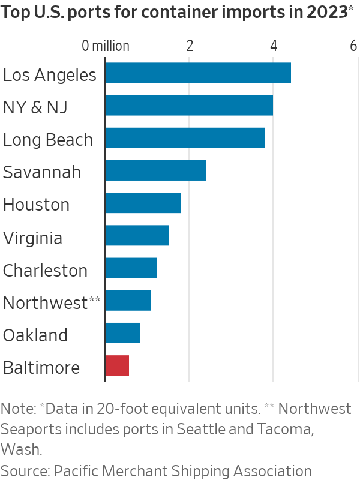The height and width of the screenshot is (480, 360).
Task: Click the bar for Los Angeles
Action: click(198, 73)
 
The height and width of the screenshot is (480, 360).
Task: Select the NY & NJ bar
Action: click(189, 106)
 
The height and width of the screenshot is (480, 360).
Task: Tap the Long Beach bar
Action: click(185, 138)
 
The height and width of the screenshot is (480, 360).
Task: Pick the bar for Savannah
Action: click(155, 170)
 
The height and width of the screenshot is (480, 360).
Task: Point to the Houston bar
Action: click(143, 203)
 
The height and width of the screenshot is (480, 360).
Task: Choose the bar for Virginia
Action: click(137, 235)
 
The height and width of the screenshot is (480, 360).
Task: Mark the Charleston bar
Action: click(131, 268)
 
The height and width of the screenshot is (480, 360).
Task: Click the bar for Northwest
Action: click(128, 300)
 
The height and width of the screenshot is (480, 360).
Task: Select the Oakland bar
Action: click(122, 332)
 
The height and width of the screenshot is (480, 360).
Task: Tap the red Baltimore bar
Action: click(117, 365)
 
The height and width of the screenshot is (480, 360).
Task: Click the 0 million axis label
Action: click(106, 46)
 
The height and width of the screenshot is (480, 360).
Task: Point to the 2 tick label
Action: click(190, 46)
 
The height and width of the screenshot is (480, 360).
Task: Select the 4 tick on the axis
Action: click(274, 46)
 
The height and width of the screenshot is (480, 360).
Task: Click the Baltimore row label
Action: click(41, 367)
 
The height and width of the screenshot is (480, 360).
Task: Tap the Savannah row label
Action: click(42, 173)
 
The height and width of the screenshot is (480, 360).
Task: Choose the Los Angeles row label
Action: click(50, 76)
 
